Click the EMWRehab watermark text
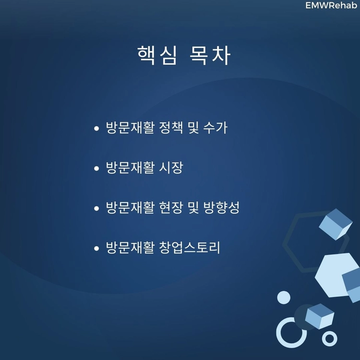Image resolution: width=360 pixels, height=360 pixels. click(x=331, y=5)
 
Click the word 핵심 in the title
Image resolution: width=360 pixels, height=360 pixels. click(x=157, y=55)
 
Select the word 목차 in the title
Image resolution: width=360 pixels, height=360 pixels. click(x=210, y=55)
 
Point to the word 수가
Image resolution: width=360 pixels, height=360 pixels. click(x=216, y=127)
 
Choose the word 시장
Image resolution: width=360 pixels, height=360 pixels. click(x=171, y=168)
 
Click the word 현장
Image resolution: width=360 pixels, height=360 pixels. click(x=171, y=207)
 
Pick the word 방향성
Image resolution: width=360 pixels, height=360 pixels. click(x=221, y=207)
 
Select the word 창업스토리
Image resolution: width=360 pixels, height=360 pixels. click(x=190, y=247)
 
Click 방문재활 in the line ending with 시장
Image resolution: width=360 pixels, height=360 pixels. click(x=130, y=168)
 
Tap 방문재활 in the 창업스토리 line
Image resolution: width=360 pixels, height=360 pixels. click(x=130, y=247)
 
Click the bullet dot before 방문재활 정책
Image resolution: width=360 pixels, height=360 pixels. click(x=96, y=128)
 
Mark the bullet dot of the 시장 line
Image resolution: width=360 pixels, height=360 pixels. click(x=96, y=168)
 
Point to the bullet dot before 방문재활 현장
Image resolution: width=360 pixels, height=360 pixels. click(x=96, y=208)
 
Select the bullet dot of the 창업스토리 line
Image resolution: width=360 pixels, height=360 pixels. click(x=96, y=248)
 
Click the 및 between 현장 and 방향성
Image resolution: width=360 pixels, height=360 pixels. click(x=193, y=207)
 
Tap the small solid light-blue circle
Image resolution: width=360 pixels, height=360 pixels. click(x=284, y=298)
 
